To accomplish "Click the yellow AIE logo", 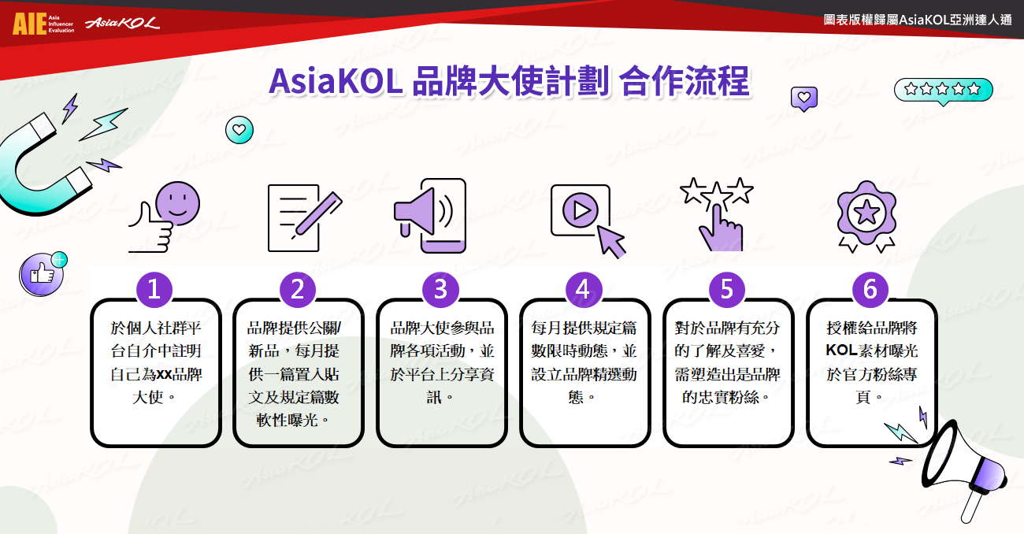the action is tap(30, 24).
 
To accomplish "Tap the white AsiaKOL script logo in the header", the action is tap(122, 23).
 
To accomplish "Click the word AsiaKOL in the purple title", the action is tap(336, 81).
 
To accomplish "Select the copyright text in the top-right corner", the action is tap(918, 20).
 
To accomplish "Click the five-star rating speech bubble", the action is tap(943, 90).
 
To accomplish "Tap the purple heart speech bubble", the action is tap(804, 98).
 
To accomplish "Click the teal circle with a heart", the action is tap(239, 130).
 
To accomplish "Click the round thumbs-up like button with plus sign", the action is tap(43, 273).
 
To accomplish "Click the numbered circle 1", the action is tap(154, 289).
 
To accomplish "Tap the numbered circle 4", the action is tap(584, 289).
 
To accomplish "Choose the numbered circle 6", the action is tap(870, 289).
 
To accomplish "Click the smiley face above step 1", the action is tap(177, 203).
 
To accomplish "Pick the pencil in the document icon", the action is tap(317, 215).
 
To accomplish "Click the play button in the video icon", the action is tap(581, 210).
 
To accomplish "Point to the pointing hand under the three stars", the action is tap(721, 228).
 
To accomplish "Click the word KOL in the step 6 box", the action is tap(841, 350).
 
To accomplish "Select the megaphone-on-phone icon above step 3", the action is tap(430, 215).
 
